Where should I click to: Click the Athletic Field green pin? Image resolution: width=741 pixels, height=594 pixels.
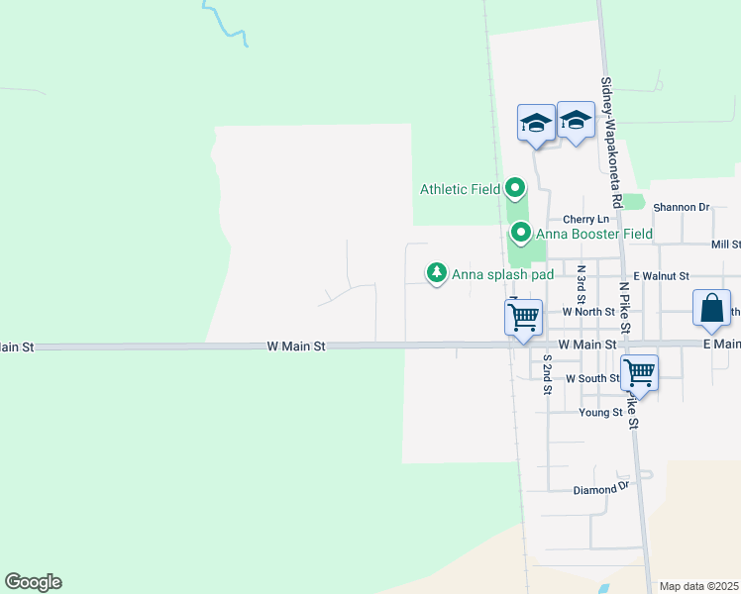click(515, 187)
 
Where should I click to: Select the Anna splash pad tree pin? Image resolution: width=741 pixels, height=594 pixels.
click(435, 272)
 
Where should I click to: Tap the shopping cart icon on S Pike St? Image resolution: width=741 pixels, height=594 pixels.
click(640, 373)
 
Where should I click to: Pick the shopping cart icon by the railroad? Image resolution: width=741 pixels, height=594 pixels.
click(522, 318)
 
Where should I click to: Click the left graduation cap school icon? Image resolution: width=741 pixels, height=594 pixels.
click(536, 123)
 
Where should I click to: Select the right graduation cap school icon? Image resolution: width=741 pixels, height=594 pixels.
click(576, 120)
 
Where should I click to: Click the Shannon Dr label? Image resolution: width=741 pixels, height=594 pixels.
click(682, 208)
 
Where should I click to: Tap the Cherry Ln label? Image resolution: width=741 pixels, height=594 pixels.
click(585, 219)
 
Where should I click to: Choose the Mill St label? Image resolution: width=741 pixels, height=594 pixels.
click(725, 245)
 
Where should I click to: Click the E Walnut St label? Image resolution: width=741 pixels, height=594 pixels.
click(663, 276)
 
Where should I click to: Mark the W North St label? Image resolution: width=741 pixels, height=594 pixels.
click(582, 312)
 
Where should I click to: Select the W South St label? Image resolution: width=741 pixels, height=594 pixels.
click(592, 379)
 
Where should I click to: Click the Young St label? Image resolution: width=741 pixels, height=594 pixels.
click(601, 412)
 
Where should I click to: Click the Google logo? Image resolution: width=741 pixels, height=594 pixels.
click(33, 582)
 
